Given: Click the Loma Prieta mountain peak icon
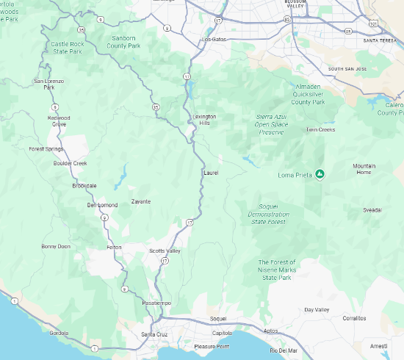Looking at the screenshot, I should (x=320, y=174).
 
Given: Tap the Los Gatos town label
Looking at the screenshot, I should (x=214, y=39).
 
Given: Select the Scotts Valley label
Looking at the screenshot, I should (x=165, y=251).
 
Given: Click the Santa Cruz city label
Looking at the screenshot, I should (x=154, y=335).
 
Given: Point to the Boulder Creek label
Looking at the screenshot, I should (x=70, y=163).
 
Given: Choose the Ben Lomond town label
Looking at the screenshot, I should (x=102, y=204).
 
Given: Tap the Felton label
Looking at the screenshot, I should (x=114, y=247).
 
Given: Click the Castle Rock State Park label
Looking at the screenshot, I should (x=67, y=48).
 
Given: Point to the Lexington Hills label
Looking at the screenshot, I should (x=205, y=120).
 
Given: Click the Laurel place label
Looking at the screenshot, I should (x=210, y=173).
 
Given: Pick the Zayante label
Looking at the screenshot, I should (x=140, y=201).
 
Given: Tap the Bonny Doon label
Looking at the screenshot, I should (x=56, y=246).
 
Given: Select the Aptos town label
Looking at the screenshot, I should (x=270, y=331).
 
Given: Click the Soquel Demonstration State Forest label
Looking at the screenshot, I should (x=268, y=214).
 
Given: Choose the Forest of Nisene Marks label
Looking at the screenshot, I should (x=276, y=270).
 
